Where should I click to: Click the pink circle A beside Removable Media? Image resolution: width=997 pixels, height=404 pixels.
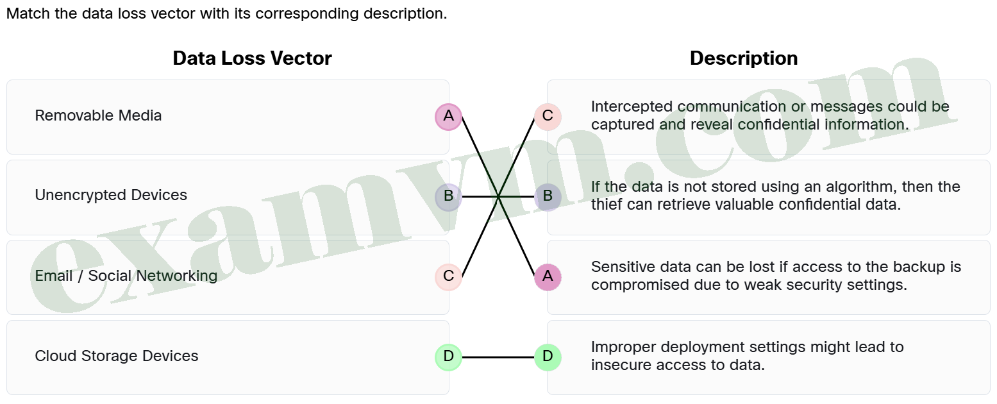coord(448,117)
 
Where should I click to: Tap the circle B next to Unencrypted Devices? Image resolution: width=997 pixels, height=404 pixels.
coord(448,197)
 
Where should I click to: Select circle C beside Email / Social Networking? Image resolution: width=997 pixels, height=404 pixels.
coord(448,277)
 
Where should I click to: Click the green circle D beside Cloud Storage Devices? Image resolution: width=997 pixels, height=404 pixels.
coord(448,357)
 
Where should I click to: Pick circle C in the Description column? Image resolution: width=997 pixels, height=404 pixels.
coord(548,117)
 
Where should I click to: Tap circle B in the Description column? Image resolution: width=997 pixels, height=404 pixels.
coord(548,197)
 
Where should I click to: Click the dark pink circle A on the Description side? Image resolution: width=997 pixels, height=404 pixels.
coord(548,277)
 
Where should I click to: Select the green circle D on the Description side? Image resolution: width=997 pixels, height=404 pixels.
coord(548,357)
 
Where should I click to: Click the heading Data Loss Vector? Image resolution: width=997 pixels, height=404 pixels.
coord(252,58)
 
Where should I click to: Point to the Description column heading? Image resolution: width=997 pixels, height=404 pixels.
coord(744,58)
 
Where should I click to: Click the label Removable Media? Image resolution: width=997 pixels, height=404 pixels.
coord(98,115)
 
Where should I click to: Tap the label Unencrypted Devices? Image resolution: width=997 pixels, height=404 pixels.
coord(111,195)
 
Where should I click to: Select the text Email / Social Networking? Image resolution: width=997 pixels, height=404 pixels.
coord(126,276)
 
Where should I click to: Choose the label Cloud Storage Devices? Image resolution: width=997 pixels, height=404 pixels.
coord(117,356)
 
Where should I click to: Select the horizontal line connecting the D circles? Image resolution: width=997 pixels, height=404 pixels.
coord(498,357)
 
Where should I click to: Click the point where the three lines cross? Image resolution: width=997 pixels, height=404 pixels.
coord(498,197)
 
